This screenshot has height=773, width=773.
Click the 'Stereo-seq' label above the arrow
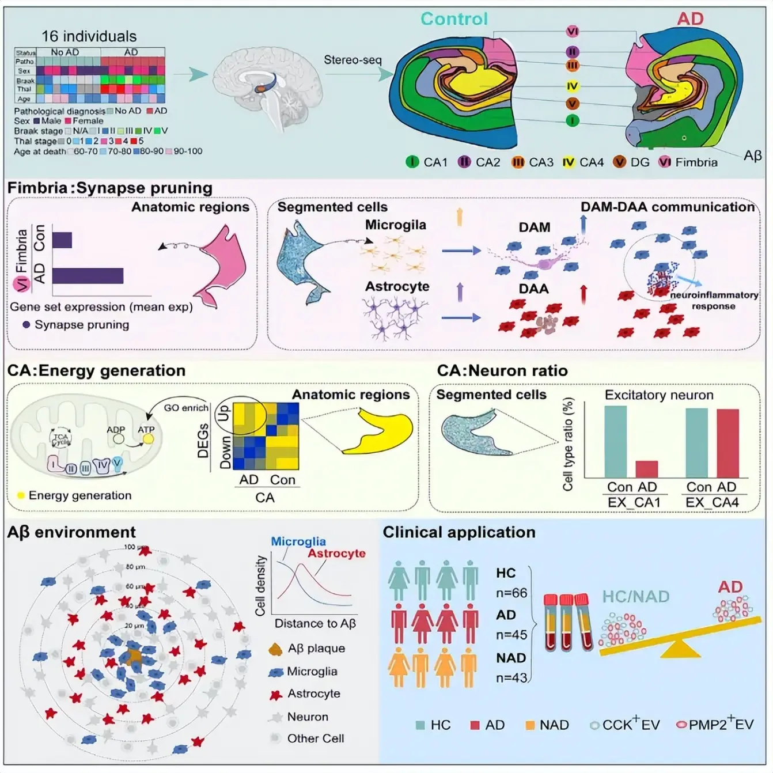coord(353,60)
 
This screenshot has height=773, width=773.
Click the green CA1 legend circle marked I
coord(412,162)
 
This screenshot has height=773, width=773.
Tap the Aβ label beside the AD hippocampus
coord(752,155)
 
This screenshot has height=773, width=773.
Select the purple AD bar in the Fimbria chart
coord(88,275)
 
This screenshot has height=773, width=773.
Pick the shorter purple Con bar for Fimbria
coord(62,240)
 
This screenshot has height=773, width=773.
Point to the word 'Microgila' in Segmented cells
coord(395,225)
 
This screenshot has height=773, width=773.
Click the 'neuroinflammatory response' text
coord(714,300)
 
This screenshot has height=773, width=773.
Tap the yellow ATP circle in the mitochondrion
coord(148,439)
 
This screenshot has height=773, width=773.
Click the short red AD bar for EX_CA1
coord(646,469)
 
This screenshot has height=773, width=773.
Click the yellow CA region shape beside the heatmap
coord(380,431)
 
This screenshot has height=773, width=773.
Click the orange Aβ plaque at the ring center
coord(134,656)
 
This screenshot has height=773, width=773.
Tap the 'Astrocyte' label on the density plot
coord(336,554)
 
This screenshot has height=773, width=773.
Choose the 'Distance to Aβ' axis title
coord(315,623)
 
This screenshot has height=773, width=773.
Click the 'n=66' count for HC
coord(511,593)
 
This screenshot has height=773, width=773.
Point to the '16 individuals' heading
coord(89,36)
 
